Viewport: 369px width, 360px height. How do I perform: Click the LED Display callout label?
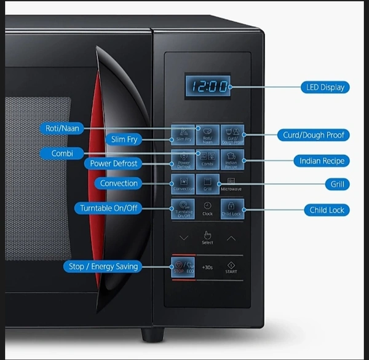click(325, 87)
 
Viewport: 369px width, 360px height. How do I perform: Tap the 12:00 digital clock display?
click(207, 87)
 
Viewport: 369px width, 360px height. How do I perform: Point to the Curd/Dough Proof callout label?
click(315, 135)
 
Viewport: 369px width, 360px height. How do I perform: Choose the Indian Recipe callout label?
click(321, 161)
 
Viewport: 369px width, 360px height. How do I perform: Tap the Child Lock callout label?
click(326, 210)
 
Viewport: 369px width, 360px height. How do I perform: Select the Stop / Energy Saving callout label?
click(102, 266)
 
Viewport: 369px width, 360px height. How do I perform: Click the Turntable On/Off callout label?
click(108, 208)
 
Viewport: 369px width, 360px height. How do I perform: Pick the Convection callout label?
click(119, 183)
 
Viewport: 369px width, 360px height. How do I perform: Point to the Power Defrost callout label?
click(113, 163)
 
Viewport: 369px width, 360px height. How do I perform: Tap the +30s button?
click(207, 268)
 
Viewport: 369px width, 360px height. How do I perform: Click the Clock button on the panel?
click(207, 208)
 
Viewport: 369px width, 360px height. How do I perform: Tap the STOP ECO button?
click(183, 267)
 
